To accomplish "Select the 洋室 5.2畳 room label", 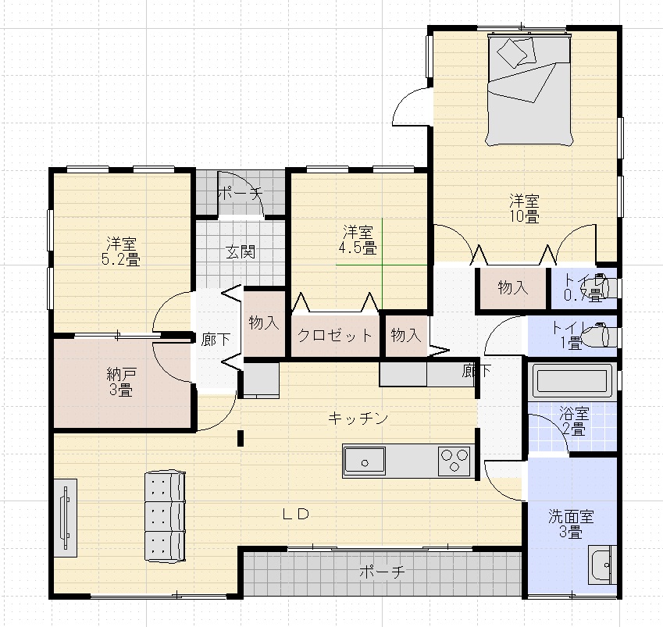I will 121,251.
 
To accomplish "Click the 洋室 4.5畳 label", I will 358,240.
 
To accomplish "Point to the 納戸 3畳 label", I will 121,381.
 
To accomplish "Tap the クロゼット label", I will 335,337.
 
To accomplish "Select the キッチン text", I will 358,419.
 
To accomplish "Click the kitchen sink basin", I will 364,461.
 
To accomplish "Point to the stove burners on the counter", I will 454,461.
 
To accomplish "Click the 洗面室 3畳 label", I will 571,524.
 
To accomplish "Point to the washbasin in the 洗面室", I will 602,565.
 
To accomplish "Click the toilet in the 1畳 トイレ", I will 604,335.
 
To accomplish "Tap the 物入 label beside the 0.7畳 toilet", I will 513,288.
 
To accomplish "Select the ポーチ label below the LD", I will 382,572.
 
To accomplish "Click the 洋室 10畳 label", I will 526,208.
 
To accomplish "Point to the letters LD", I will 297,514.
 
